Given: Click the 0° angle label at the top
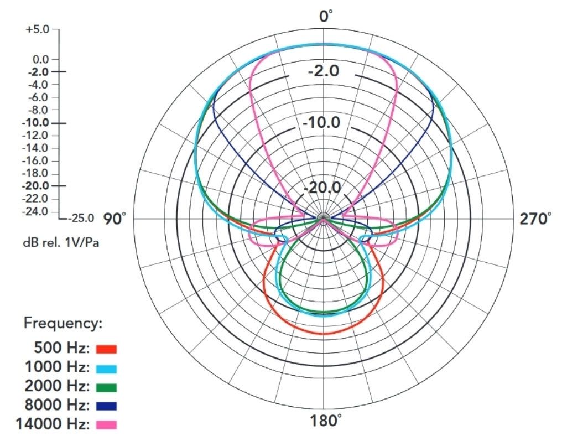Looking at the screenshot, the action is click(x=325, y=16).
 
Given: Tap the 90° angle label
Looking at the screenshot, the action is click(x=115, y=219).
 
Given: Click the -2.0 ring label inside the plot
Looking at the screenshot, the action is click(x=323, y=71).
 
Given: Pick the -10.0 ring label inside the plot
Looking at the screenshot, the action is click(x=321, y=123).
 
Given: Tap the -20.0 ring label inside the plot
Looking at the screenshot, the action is click(x=322, y=188).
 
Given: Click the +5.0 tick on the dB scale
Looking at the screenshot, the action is click(x=37, y=29).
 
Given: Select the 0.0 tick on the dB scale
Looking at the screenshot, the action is click(x=40, y=59).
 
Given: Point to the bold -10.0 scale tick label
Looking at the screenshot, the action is click(x=35, y=123).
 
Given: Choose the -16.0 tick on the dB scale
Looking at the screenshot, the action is click(x=35, y=160).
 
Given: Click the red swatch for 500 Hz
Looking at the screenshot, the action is click(x=106, y=349).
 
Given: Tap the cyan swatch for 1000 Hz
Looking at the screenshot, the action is click(x=106, y=368).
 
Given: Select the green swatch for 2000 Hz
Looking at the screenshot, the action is click(x=106, y=387).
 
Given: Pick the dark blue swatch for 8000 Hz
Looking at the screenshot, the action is click(x=106, y=406).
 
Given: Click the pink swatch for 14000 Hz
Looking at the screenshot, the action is click(x=106, y=425).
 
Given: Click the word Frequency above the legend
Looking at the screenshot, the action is click(x=63, y=324).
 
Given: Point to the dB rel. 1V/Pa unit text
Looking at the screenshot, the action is click(x=61, y=243).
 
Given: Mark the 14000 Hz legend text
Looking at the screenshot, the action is click(x=53, y=424).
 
